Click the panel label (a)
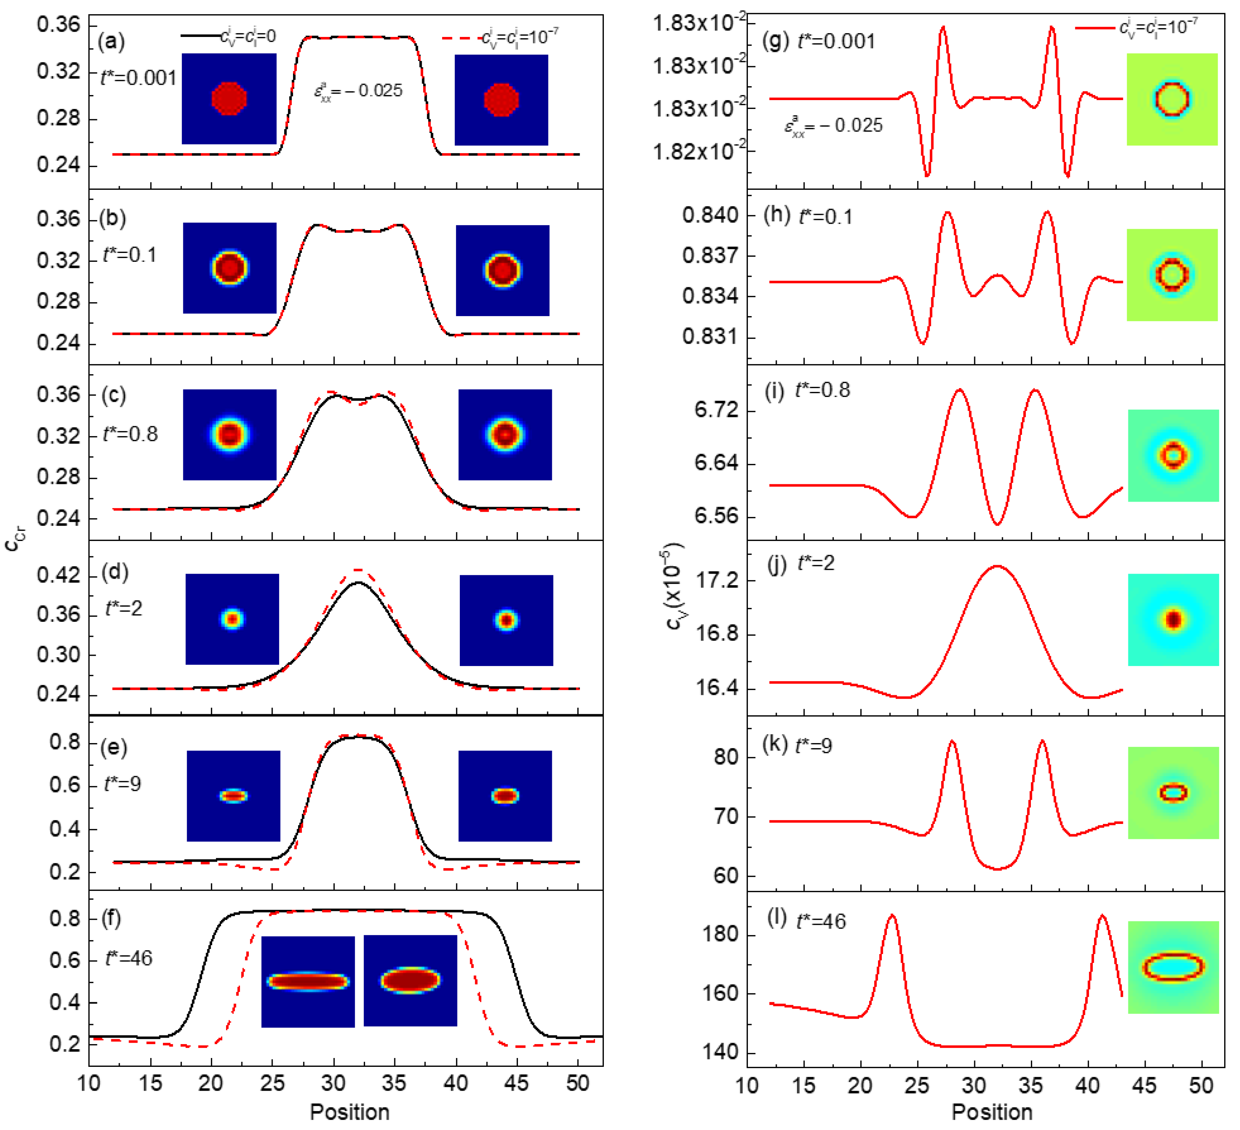tap(111, 42)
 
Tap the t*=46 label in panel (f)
tap(129, 958)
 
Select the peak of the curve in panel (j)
tap(997, 566)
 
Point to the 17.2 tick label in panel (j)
tap(718, 580)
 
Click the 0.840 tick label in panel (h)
tap(710, 215)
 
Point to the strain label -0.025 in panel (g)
tap(833, 126)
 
